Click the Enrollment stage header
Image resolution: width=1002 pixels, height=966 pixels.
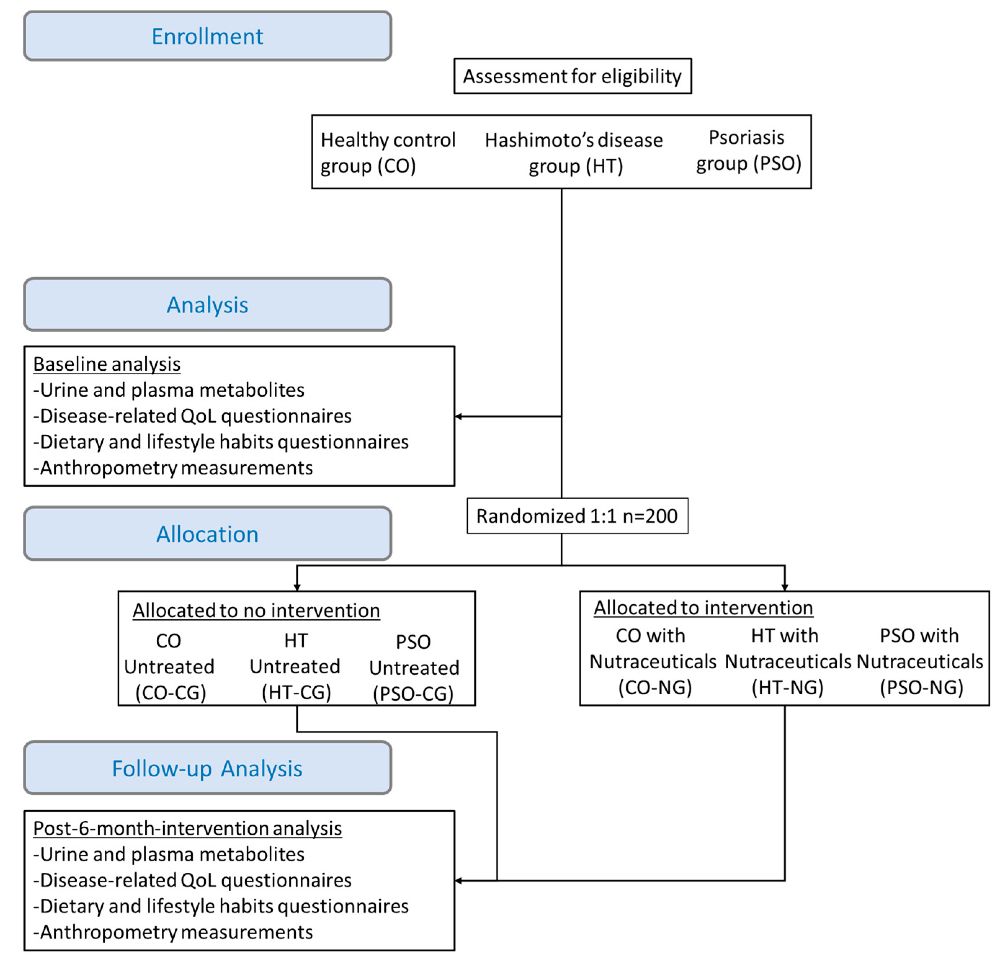click(207, 36)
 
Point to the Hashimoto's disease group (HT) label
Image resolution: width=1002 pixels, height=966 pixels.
click(574, 152)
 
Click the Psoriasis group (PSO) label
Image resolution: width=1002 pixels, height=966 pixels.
click(747, 150)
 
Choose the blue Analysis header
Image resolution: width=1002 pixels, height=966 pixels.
click(207, 304)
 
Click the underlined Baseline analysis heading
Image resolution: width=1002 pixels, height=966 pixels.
click(107, 364)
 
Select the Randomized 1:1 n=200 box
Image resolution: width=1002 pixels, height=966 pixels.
click(577, 516)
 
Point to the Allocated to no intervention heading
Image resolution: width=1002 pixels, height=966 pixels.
click(256, 610)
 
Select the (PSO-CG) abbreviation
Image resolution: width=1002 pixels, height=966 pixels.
click(413, 694)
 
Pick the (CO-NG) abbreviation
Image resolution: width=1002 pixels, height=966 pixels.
click(654, 687)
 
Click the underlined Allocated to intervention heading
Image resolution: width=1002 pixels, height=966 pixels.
click(703, 608)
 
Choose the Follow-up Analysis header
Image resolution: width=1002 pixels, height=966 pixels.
click(207, 768)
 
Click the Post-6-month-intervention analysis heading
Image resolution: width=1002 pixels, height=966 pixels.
click(187, 828)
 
